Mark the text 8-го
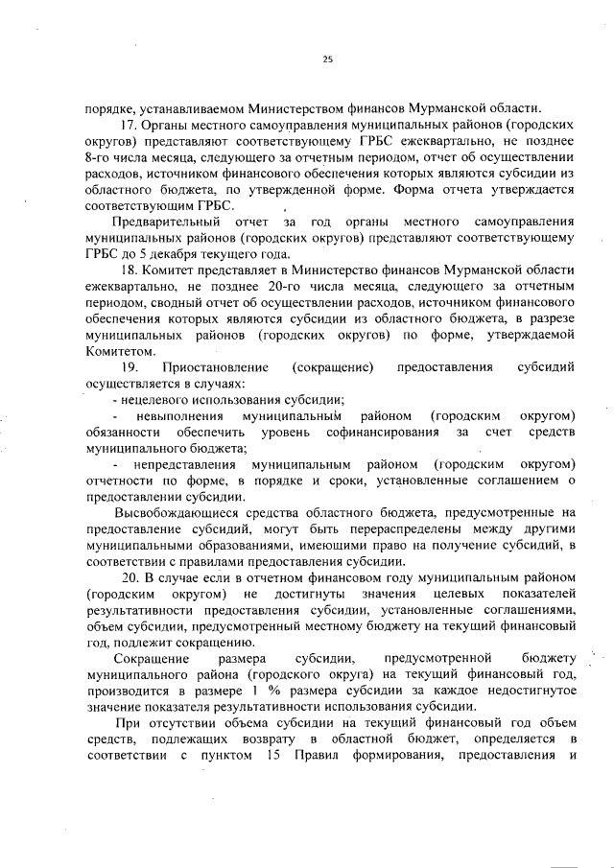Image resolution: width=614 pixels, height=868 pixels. (100, 161)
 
